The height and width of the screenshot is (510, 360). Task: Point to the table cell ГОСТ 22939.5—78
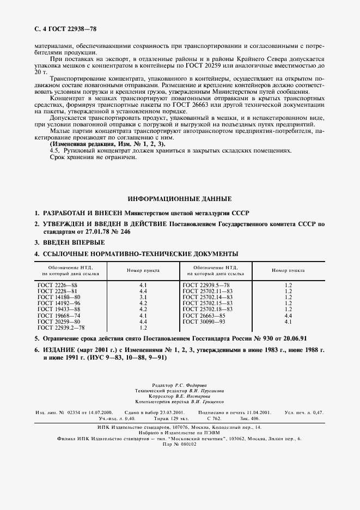pyautogui.click(x=206, y=284)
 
